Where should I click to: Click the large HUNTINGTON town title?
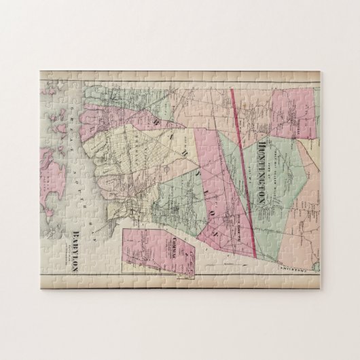tap(260, 164)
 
